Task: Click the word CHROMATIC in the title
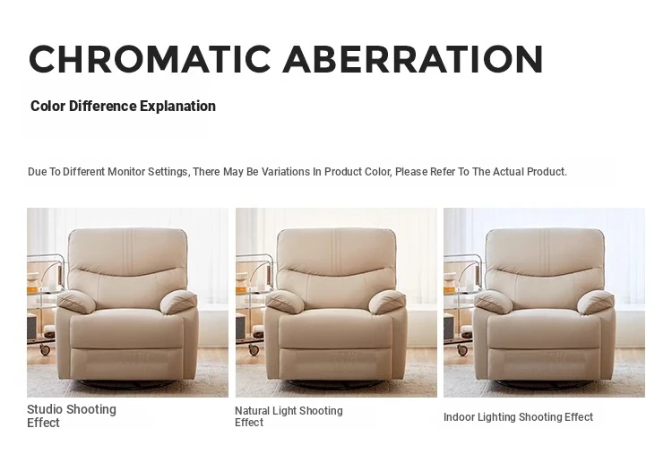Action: pos(150,59)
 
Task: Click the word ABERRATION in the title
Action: pos(413,59)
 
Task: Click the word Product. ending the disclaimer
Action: pos(547,172)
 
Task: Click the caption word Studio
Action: pos(45,409)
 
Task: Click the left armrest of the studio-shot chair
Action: pos(76,301)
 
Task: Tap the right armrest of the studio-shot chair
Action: pos(178,302)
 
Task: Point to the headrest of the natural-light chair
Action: pos(336,250)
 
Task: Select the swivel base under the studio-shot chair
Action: pos(127,384)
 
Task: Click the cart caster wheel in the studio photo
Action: pos(45,350)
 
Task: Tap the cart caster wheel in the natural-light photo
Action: pos(254,350)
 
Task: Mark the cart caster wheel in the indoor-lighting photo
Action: pos(462,350)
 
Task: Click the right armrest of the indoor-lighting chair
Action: pos(596,302)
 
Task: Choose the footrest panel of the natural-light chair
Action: pos(335,363)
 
